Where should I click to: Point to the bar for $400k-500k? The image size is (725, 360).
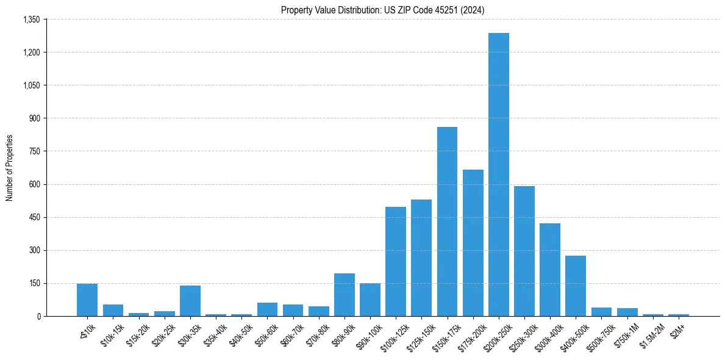click(x=575, y=286)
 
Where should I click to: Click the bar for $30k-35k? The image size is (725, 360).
click(x=190, y=301)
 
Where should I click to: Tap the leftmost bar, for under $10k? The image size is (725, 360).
click(x=87, y=300)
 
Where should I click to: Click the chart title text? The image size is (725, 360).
click(x=382, y=10)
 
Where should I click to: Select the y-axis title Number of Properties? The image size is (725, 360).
click(x=9, y=168)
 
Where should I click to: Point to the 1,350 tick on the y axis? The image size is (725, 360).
click(x=30, y=20)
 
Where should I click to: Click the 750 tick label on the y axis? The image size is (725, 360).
click(x=34, y=151)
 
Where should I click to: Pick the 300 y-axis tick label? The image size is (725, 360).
click(x=34, y=250)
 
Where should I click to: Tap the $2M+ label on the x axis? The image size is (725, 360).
click(x=677, y=329)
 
